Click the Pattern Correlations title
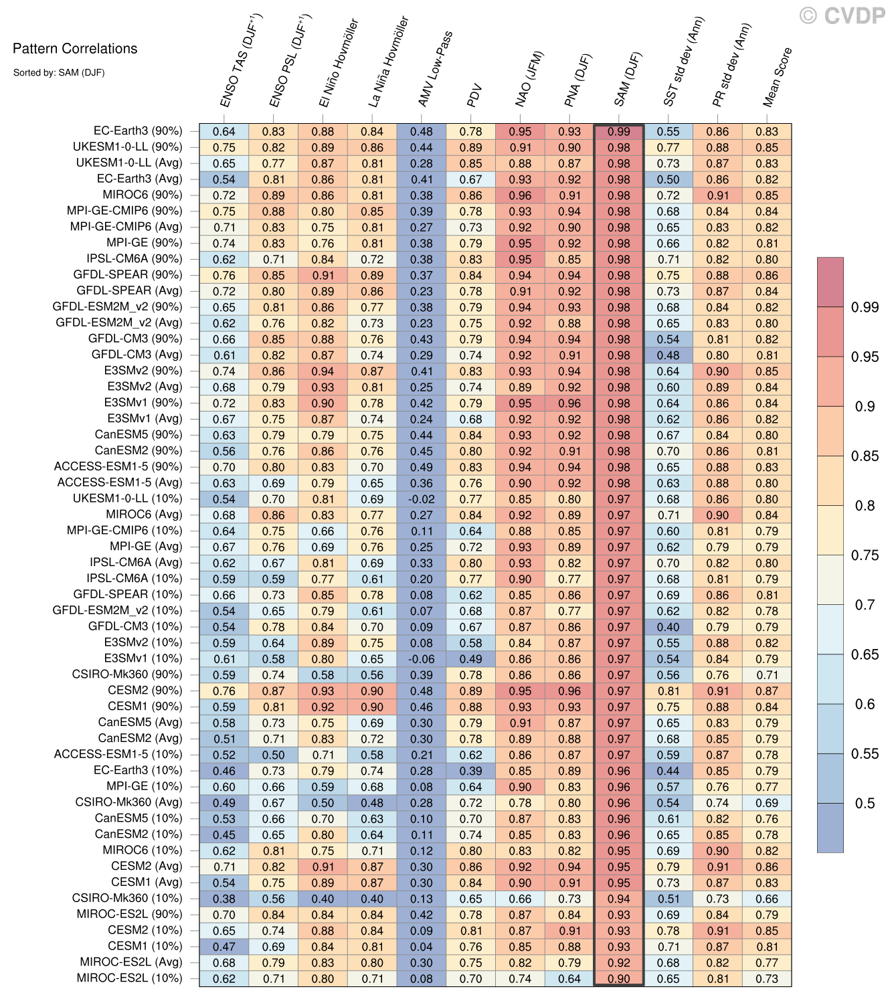[75, 48]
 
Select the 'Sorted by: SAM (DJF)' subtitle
[59, 72]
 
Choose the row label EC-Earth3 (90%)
[138, 131]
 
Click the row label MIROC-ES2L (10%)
[129, 978]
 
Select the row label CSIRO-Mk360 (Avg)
[128, 802]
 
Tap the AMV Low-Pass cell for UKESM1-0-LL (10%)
[422, 499]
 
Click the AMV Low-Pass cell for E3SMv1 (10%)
[422, 659]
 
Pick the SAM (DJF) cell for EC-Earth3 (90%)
[619, 132]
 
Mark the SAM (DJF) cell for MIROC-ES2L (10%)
[619, 979]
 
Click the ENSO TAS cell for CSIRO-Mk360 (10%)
[224, 899]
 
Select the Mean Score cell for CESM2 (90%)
[767, 691]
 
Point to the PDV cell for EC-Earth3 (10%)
[471, 771]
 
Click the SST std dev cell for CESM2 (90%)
[668, 691]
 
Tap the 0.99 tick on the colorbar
[865, 307]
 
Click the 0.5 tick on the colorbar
[865, 803]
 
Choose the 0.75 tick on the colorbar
[865, 555]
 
